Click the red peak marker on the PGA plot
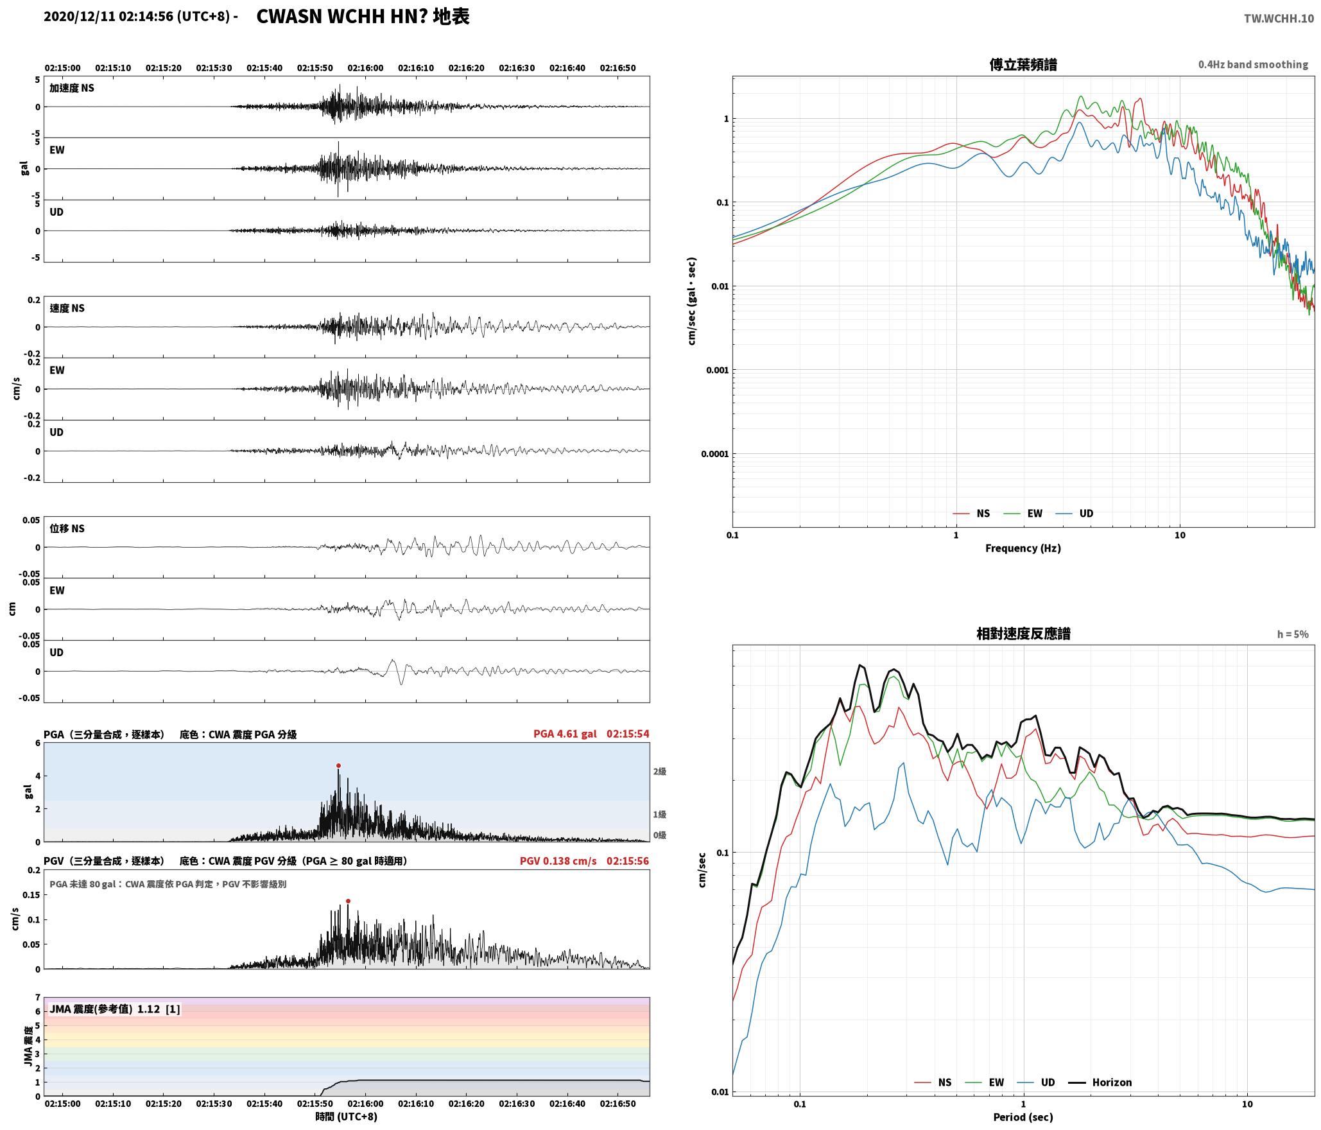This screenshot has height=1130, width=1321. tap(338, 765)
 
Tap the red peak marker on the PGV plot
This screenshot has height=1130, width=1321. tap(348, 901)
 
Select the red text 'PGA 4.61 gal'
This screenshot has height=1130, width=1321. tap(565, 734)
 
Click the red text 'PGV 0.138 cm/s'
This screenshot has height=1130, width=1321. tap(558, 861)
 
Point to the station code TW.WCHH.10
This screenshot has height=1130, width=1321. tap(1279, 19)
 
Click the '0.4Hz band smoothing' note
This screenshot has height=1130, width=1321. tap(1253, 65)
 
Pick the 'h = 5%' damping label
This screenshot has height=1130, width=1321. tap(1293, 634)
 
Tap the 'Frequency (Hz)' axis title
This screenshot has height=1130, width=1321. tap(1023, 548)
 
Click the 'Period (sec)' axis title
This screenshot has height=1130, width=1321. tap(1023, 1117)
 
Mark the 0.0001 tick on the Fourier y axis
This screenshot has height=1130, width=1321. tap(715, 454)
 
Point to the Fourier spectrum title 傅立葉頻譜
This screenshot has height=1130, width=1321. tap(1023, 65)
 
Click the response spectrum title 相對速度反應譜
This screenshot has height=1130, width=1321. tap(1023, 634)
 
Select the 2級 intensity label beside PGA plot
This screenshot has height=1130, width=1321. tap(659, 772)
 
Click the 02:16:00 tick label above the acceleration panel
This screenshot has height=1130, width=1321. tap(365, 68)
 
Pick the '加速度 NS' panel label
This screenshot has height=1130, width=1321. tap(72, 88)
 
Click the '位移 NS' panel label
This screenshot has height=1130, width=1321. tap(67, 528)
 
